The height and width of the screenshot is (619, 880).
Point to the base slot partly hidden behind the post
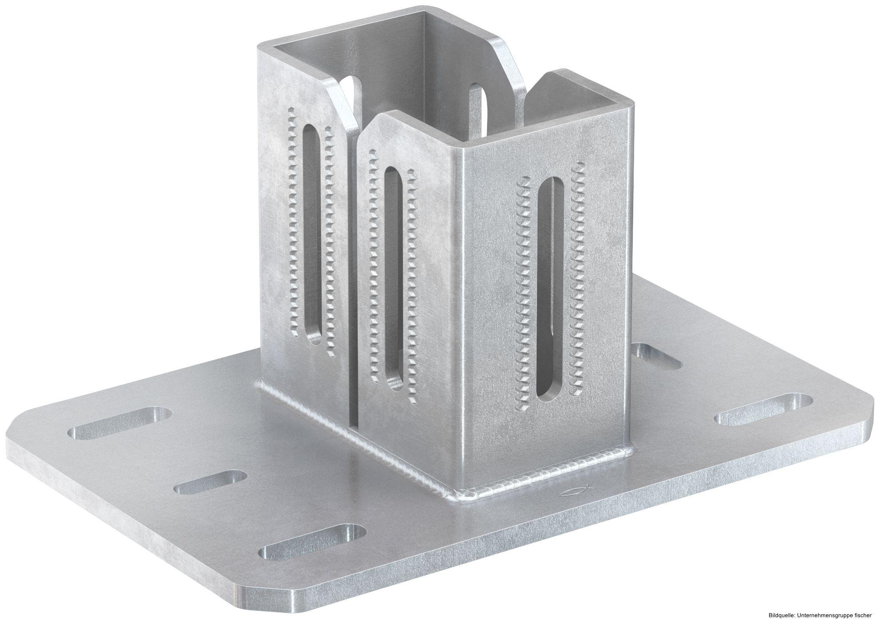click(656, 356)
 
